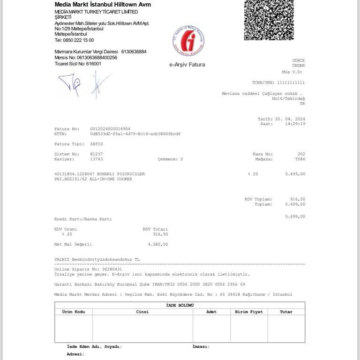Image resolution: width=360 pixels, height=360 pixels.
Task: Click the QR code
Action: [269, 20]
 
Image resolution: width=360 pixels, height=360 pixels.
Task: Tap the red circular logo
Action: [188, 41]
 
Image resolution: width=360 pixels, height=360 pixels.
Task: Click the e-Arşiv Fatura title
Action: [187, 65]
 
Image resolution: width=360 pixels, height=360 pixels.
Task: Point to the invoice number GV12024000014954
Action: [110, 128]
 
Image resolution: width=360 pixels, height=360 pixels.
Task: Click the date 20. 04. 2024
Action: [290, 119]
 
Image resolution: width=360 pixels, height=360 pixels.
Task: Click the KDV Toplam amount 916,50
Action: [298, 199]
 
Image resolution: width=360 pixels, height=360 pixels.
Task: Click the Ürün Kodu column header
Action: [74, 312]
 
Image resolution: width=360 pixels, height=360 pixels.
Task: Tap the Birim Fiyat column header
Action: [248, 312]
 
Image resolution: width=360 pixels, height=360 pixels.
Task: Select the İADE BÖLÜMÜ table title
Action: [180, 305]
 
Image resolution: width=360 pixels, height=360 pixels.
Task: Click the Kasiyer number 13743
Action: [97, 159]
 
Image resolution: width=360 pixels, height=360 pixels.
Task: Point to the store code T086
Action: [300, 159]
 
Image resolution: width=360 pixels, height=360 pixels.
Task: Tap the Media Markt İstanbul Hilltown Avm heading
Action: [103, 5]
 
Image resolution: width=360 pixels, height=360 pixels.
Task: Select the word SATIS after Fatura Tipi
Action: [97, 144]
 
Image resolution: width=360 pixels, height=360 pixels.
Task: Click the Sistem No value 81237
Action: [97, 154]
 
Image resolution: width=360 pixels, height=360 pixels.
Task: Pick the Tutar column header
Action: [286, 312]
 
